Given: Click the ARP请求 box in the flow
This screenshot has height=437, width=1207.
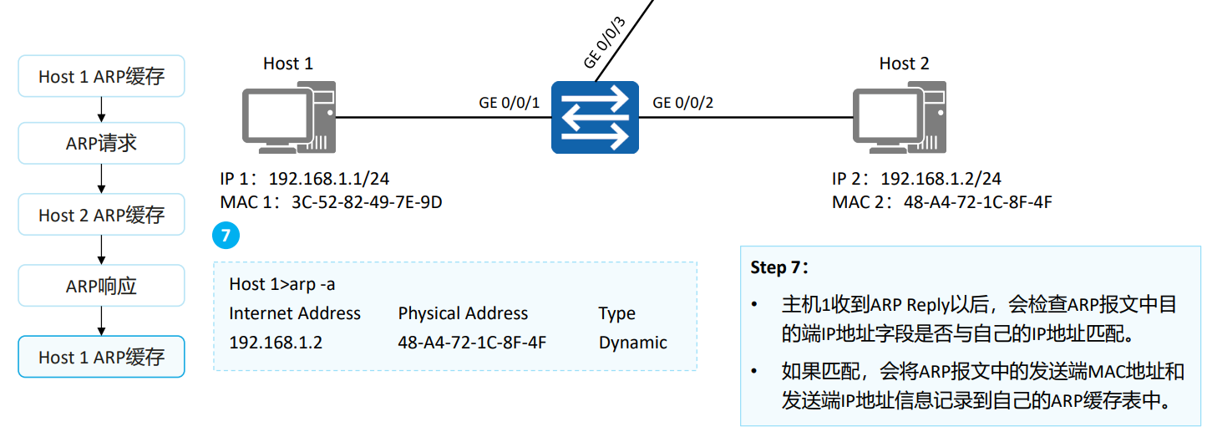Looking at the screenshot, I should (101, 144).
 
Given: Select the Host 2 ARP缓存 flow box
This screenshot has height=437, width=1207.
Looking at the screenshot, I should (101, 215).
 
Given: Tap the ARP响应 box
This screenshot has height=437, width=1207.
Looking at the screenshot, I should (101, 287).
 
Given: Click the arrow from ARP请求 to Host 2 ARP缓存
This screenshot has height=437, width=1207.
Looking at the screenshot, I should (101, 179).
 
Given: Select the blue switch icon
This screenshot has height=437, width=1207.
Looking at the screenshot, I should (595, 117).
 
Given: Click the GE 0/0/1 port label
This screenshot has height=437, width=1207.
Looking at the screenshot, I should (510, 103).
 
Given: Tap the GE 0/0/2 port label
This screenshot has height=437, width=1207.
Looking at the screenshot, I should (683, 103).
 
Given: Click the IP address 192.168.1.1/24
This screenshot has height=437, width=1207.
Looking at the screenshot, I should (330, 179).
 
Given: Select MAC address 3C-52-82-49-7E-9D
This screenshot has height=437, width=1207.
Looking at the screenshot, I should (366, 202).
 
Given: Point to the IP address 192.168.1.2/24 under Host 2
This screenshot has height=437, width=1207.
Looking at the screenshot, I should (941, 179).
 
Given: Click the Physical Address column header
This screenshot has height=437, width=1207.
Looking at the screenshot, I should (463, 313).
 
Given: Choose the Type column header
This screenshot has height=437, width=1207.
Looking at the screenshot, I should (616, 313).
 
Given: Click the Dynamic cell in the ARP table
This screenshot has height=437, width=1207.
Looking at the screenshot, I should (632, 343).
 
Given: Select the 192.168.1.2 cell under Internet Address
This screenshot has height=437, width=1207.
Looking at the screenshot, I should (276, 343).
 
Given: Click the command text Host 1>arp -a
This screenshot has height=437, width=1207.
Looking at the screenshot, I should (282, 284).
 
